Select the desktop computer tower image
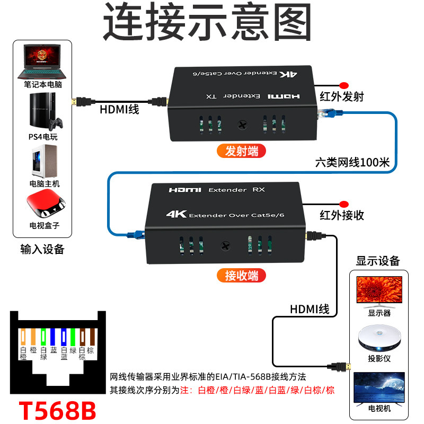44,162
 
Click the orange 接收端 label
242,276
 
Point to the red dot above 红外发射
343,85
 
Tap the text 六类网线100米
352,162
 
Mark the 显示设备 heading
378,261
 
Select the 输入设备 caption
42,249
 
